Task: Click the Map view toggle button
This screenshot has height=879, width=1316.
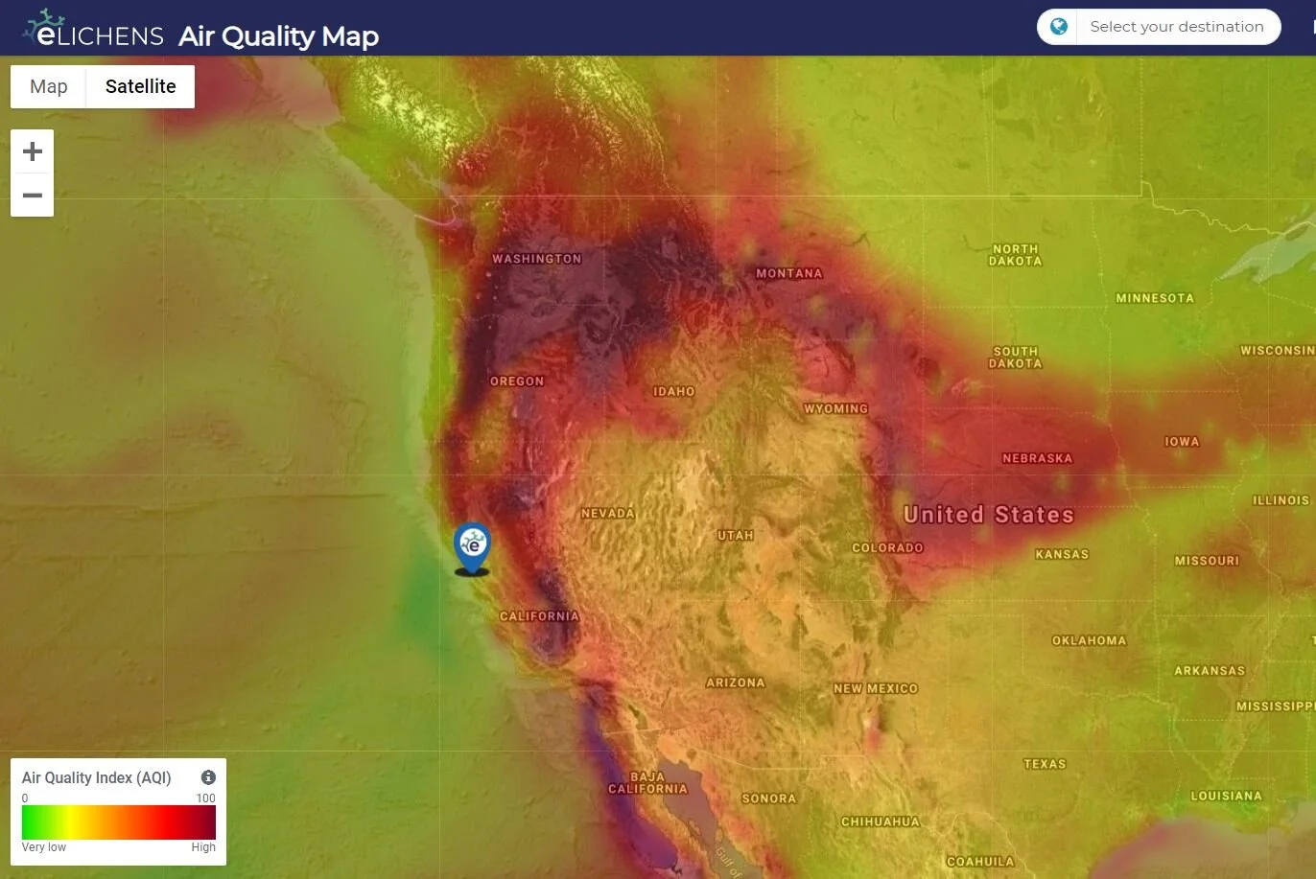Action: pos(49,87)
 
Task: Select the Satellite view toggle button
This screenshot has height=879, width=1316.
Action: pos(140,87)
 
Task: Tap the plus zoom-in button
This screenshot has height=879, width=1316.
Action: pos(33,151)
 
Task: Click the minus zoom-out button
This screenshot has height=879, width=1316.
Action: pos(33,196)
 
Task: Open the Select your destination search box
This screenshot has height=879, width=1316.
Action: pos(1176,27)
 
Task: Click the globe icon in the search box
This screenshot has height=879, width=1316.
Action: pos(1059,27)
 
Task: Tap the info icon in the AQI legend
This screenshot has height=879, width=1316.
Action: pos(208,777)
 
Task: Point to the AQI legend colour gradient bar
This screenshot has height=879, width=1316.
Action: pos(119,822)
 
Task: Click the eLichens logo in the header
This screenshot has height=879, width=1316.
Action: pos(94,31)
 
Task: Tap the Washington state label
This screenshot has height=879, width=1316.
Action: pos(537,259)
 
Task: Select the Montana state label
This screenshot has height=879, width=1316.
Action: pos(789,274)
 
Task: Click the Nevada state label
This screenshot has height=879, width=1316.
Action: pos(608,514)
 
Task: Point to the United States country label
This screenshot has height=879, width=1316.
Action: pos(989,515)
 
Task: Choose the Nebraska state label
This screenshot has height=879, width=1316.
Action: pos(1038,459)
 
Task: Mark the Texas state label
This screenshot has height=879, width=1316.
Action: pos(1045,764)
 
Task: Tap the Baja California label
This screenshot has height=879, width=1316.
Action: pos(647,783)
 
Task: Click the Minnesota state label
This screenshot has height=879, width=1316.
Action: pos(1155,299)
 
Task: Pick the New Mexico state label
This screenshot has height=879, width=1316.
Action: pos(876,688)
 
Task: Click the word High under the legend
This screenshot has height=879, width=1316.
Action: pos(203,847)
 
